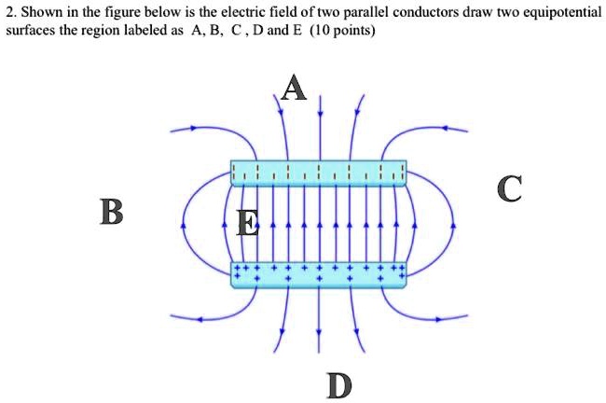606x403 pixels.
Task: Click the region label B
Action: pos(111,214)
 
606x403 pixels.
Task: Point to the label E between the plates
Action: pos(248,224)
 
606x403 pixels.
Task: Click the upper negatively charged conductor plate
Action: pos(318,173)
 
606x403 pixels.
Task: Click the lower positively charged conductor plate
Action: pos(318,274)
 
